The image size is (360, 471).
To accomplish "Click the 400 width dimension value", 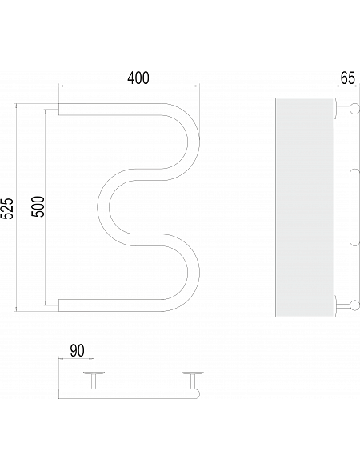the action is click(x=138, y=78).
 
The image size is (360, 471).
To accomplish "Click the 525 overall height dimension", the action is click(x=7, y=209).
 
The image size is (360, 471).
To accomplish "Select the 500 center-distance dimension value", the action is click(x=38, y=206).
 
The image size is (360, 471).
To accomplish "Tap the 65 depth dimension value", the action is click(x=348, y=78).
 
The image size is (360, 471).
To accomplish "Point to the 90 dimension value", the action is click(x=78, y=351).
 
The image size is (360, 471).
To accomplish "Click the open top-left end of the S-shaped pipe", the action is click(x=59, y=110).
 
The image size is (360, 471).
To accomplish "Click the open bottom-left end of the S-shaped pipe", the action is click(x=59, y=305).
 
